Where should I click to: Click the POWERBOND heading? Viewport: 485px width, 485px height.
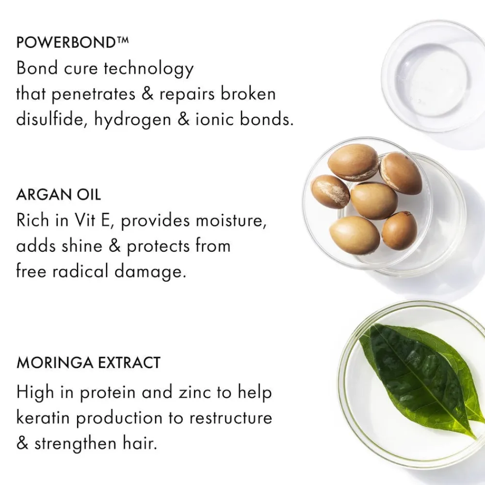pyautogui.click(x=65, y=42)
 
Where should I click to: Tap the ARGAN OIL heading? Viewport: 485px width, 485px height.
pyautogui.click(x=59, y=195)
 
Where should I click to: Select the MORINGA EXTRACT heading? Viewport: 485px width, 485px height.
pyautogui.click(x=88, y=363)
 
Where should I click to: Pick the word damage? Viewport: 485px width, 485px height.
pyautogui.click(x=150, y=272)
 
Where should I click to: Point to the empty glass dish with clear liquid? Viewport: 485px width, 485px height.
pyautogui.click(x=434, y=75)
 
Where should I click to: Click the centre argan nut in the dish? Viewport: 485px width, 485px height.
pyautogui.click(x=373, y=201)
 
